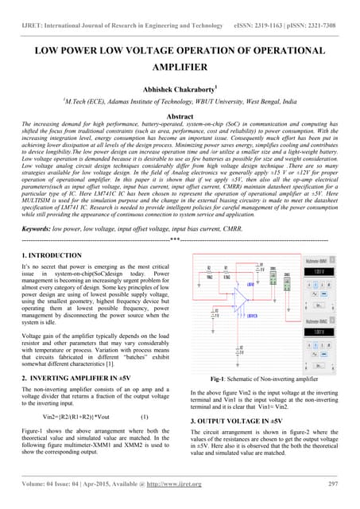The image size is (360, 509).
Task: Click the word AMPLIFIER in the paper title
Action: (x=180, y=69)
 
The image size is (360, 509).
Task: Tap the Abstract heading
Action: (x=180, y=115)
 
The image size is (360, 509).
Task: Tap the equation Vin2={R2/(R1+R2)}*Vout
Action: (x=78, y=417)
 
